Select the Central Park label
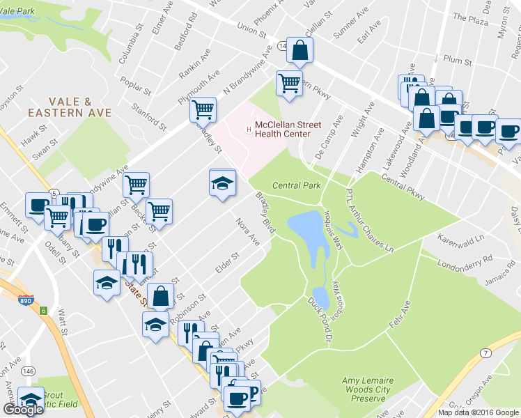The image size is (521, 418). tap(296, 185)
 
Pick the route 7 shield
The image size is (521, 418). tap(485, 353)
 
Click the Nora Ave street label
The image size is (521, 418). tap(247, 232)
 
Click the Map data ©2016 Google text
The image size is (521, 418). tap(478, 412)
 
